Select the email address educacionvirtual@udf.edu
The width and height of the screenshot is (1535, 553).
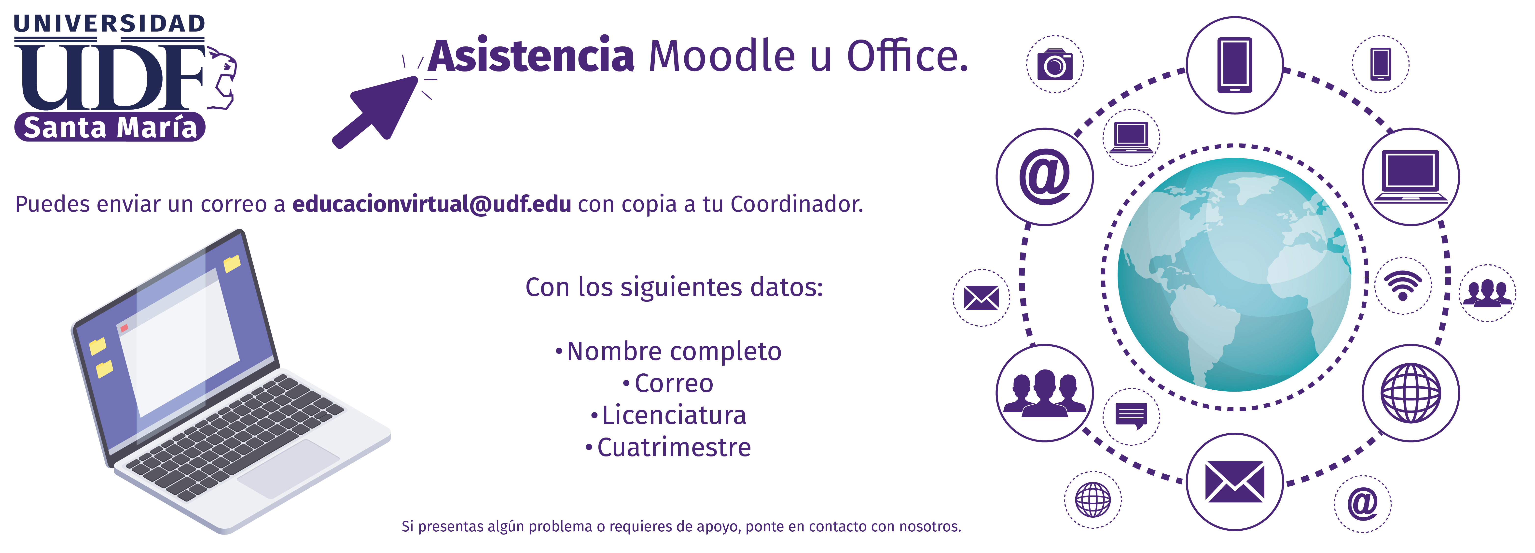[x=431, y=204]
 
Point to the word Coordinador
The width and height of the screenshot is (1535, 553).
[x=797, y=204]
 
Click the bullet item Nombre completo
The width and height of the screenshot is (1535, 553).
[x=669, y=352]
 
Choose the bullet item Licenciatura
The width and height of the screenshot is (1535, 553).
[x=669, y=415]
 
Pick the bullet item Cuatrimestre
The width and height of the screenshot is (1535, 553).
[x=669, y=448]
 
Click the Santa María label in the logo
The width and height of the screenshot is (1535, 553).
[x=110, y=127]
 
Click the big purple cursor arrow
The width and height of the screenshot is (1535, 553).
[x=375, y=112]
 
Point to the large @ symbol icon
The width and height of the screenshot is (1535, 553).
[x=1045, y=177]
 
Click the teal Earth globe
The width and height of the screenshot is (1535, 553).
[x=1234, y=275]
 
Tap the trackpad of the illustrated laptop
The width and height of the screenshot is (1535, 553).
[x=288, y=468]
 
